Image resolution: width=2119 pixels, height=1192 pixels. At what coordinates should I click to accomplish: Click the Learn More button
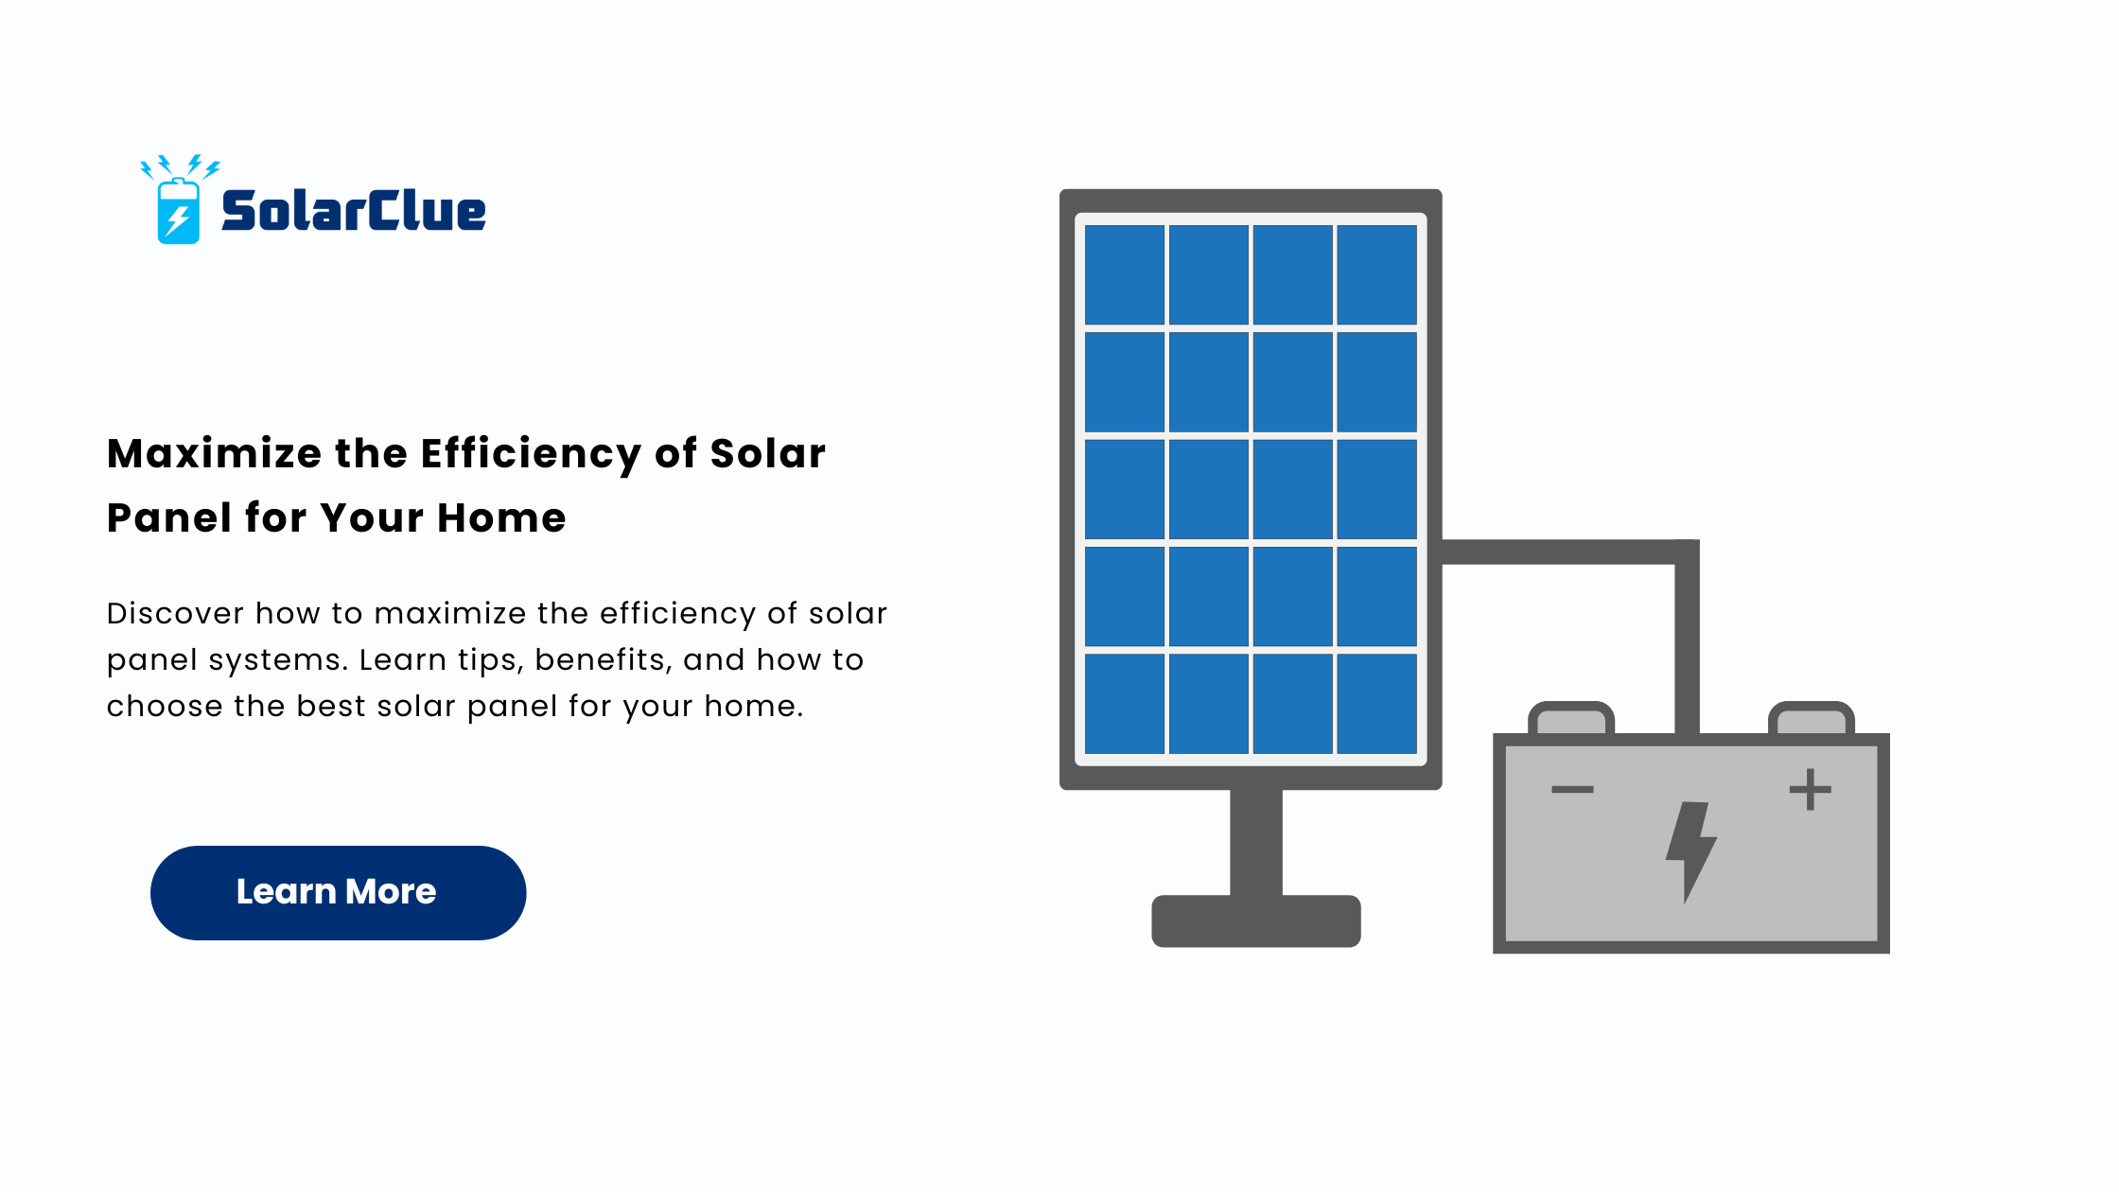(x=338, y=892)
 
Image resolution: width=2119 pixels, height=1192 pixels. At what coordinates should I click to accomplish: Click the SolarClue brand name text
(x=354, y=211)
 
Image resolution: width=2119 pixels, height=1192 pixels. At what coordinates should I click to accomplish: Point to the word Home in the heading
(x=501, y=517)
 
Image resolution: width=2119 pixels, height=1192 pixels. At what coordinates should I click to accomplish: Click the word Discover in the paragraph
(x=175, y=613)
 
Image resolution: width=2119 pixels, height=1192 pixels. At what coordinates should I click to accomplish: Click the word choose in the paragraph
(x=165, y=706)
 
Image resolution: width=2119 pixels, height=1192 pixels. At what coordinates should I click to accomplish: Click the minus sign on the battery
(x=1572, y=789)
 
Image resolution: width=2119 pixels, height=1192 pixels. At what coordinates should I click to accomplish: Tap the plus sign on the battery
(x=1811, y=789)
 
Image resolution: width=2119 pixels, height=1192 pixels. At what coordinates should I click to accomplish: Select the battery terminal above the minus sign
(x=1571, y=718)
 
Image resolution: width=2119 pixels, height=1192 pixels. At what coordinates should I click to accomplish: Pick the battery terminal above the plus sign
(x=1812, y=718)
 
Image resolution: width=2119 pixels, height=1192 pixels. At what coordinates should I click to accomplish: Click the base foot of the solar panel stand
(x=1256, y=920)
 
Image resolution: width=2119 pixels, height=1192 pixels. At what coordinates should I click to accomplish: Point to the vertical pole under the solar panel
(x=1256, y=842)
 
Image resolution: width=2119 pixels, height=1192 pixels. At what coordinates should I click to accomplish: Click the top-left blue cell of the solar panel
(x=1125, y=274)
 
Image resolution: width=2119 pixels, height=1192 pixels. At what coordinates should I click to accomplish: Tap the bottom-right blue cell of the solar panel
(x=1377, y=703)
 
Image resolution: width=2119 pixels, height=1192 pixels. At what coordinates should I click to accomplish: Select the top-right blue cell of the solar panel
(x=1377, y=274)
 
